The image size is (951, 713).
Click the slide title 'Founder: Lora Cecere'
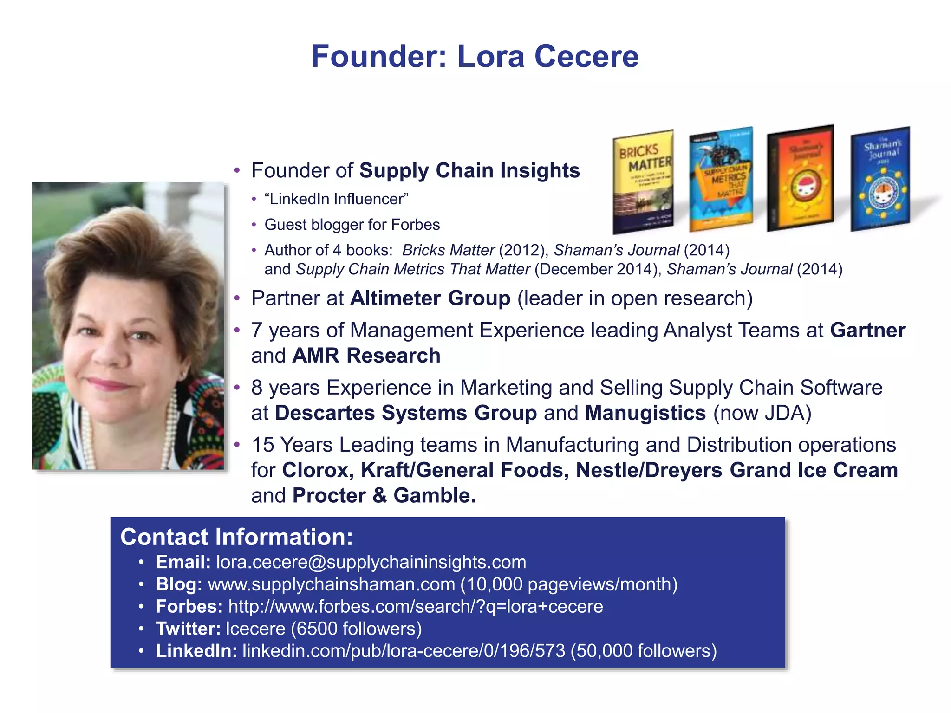pos(475,56)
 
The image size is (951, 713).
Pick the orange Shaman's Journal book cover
pos(800,178)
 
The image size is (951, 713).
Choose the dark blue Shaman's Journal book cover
pos(880,179)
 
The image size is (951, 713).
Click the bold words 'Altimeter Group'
pos(430,298)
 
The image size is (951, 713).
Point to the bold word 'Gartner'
pos(867,331)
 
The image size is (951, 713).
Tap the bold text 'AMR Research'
pos(366,356)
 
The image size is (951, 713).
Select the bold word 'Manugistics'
pos(645,413)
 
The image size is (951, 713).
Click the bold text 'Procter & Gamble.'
pos(384,496)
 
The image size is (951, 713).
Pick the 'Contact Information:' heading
pos(236,537)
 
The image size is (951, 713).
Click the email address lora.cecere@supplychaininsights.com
pos(371,562)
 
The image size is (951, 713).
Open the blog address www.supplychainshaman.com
pos(331,584)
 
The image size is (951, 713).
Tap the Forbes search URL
pos(416,607)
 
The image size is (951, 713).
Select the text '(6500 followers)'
pos(356,629)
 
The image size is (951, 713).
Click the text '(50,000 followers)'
pos(644,651)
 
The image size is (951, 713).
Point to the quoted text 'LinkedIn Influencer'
pos(336,199)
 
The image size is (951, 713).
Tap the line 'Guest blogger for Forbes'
pos(352,225)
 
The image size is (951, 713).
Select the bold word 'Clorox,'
pos(318,470)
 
